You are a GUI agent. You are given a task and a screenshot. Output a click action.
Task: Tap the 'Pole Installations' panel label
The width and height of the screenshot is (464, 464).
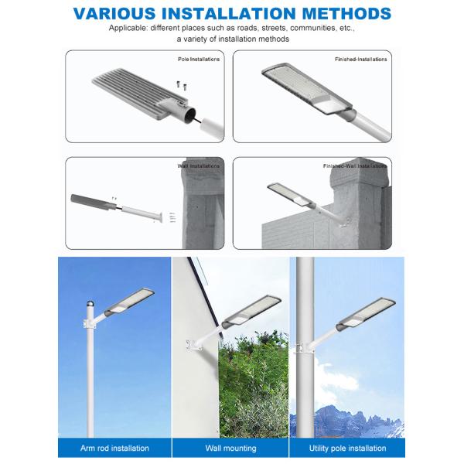(199, 60)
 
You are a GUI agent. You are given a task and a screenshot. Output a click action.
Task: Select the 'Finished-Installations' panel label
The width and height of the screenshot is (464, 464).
(360, 60)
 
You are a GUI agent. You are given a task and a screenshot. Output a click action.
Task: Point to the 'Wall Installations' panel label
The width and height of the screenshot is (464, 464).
(199, 166)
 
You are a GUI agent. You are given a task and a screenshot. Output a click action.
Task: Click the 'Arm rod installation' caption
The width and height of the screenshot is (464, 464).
(114, 448)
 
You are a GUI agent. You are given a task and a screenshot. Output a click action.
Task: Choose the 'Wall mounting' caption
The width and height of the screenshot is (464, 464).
(230, 448)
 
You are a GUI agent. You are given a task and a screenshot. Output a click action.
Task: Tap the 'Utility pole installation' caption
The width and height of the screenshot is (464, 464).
(347, 448)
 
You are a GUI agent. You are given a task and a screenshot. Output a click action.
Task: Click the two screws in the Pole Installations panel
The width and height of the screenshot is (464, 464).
(182, 85)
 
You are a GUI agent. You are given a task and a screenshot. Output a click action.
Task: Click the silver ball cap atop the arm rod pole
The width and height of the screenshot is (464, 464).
(90, 304)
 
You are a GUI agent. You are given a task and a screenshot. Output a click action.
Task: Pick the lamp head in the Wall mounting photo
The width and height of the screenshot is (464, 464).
(251, 310)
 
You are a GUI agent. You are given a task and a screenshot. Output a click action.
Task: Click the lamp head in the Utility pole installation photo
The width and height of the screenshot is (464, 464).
(366, 315)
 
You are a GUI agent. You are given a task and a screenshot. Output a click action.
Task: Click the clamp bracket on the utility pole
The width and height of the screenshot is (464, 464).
(302, 348)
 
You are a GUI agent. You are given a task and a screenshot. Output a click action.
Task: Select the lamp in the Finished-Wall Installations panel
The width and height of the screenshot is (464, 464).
(289, 194)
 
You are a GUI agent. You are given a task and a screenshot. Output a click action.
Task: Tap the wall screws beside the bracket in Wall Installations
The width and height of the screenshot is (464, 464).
(172, 217)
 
